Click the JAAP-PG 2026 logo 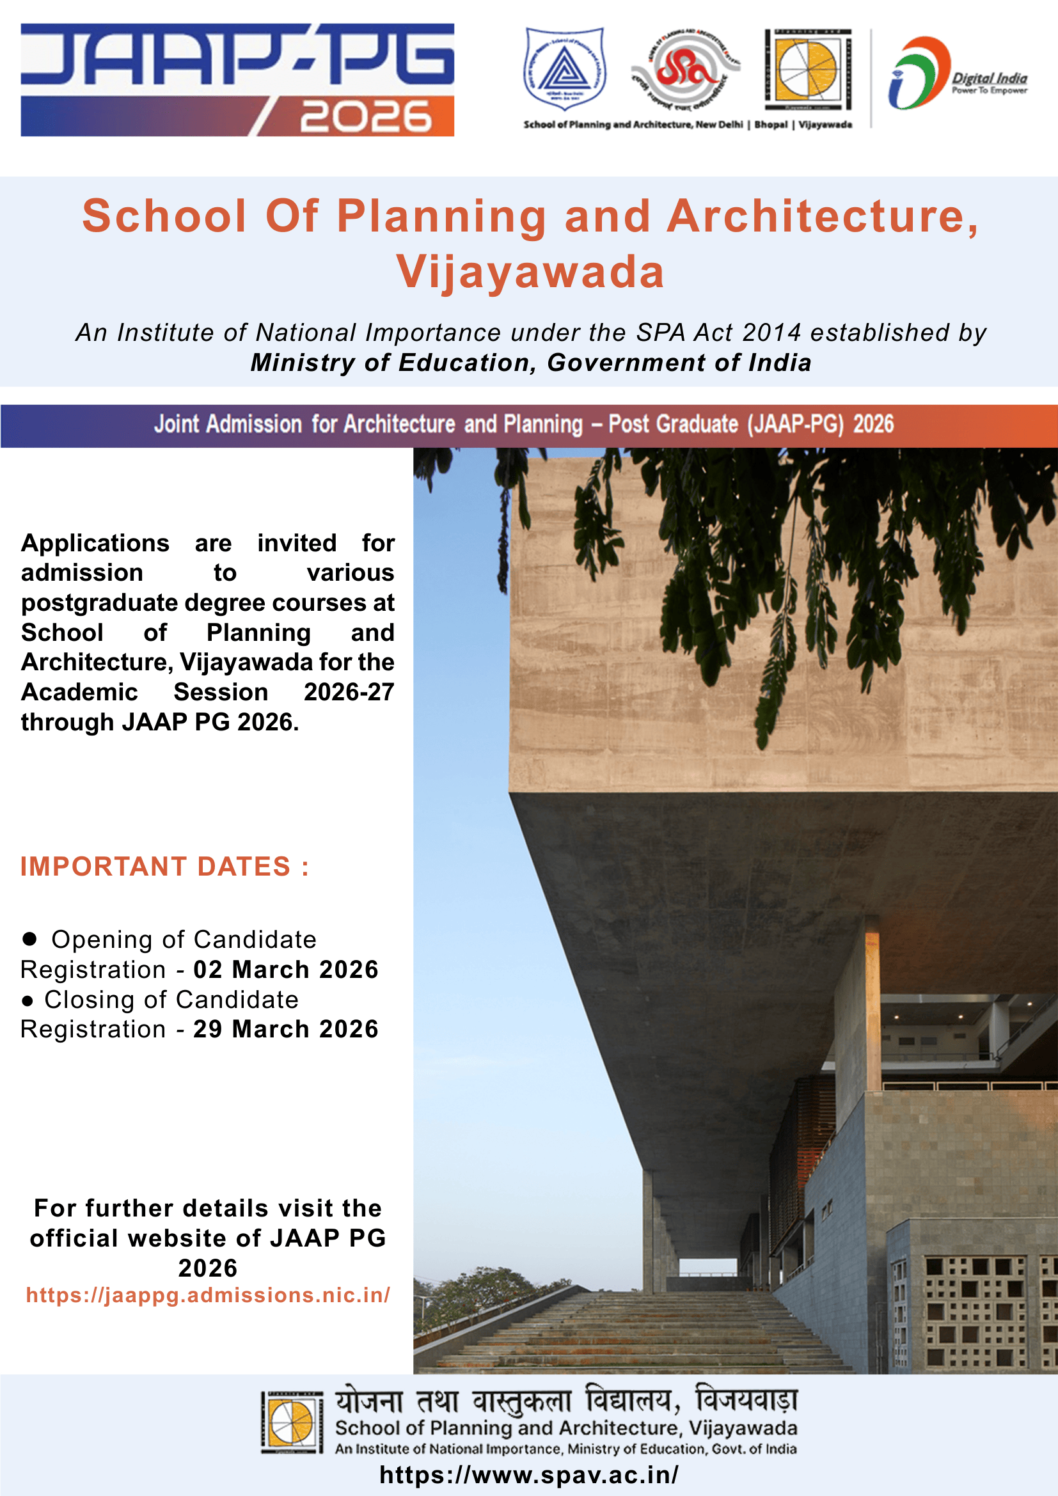coord(237,79)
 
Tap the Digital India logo coord(958,73)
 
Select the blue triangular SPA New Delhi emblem coord(565,68)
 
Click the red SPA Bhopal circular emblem coord(684,68)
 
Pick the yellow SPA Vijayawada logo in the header coord(808,69)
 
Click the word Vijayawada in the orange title coord(530,272)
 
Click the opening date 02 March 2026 coord(286,970)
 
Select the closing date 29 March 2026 coord(286,1029)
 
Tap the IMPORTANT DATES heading coord(165,867)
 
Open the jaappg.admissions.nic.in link coord(208,1295)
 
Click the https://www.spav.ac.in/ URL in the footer coord(528,1474)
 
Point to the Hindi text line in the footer coord(566,1401)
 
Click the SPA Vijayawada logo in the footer coord(292,1422)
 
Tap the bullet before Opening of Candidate coord(29,938)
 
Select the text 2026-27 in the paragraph coord(349,692)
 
